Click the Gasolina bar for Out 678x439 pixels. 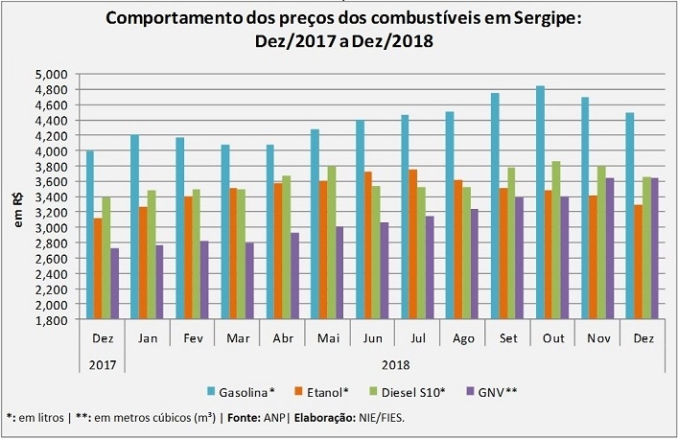(x=541, y=202)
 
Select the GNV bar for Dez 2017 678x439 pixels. (x=114, y=284)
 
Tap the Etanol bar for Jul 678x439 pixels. (x=413, y=244)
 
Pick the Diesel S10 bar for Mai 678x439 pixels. (x=332, y=243)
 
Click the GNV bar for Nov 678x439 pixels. (x=610, y=248)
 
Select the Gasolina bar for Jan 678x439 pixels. (x=134, y=227)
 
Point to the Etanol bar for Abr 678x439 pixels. (x=278, y=251)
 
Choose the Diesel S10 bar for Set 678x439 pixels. (x=511, y=243)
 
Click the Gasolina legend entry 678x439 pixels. (x=241, y=392)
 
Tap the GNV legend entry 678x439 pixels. (x=493, y=392)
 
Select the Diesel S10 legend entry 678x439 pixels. (x=408, y=392)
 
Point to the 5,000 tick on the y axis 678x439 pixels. (x=51, y=75)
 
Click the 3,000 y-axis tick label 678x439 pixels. (x=51, y=228)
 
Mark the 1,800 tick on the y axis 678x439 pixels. (x=51, y=320)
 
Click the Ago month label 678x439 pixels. (x=463, y=338)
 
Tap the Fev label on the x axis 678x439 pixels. (x=193, y=338)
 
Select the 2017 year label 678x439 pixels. (x=103, y=365)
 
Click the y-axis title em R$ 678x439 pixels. (x=18, y=211)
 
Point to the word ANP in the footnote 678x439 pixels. (x=274, y=418)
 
